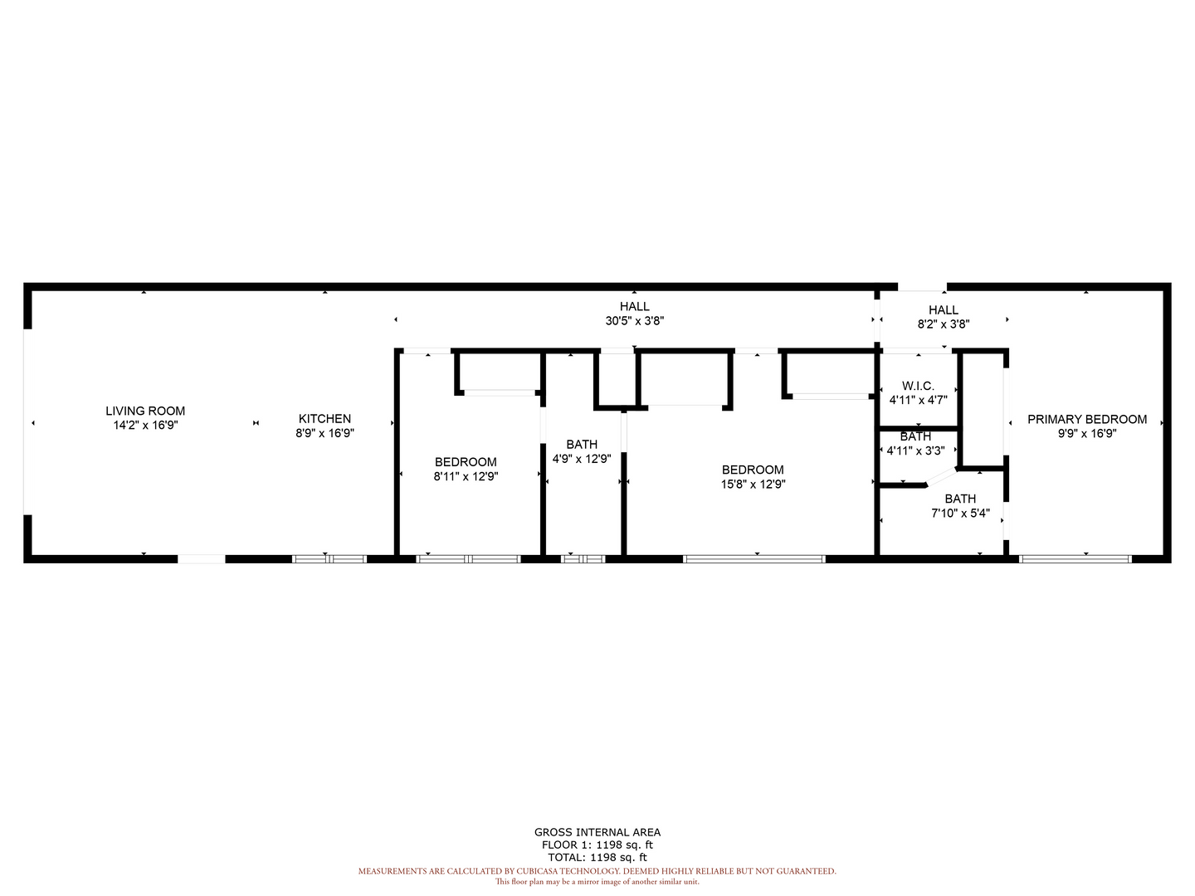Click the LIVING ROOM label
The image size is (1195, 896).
[x=145, y=411]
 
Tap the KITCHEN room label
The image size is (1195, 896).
[x=324, y=418]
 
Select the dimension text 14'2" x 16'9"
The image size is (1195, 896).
[x=145, y=425]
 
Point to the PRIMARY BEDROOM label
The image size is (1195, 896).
[x=1086, y=419]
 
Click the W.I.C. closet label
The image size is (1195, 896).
[x=918, y=386]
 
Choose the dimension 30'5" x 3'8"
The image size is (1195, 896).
[x=634, y=321]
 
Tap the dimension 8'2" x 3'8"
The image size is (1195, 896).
[x=944, y=324]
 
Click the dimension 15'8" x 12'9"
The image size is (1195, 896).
[x=753, y=485]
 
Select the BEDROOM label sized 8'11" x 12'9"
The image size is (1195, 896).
[x=466, y=462]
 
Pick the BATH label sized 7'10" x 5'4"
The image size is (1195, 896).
[x=960, y=499]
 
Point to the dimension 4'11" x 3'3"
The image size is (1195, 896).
[x=915, y=450]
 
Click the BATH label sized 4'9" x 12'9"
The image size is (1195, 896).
[x=582, y=444]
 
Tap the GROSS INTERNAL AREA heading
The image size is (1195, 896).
[x=597, y=832]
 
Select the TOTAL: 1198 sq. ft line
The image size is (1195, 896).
[x=597, y=857]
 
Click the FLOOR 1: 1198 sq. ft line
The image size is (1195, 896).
[x=597, y=845]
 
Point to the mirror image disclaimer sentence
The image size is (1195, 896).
[x=597, y=882]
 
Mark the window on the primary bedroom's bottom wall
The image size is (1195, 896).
[x=1075, y=558]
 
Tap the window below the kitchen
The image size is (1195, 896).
[x=329, y=558]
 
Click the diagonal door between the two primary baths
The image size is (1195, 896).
[x=941, y=476]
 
